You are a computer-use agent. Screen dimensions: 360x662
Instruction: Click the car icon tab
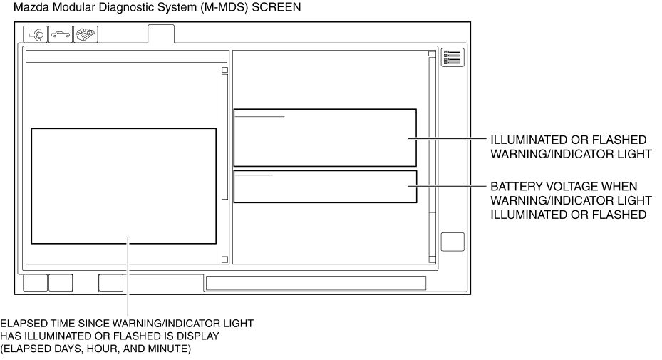tap(60, 34)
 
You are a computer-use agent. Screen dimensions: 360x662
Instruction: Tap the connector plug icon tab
tap(35, 34)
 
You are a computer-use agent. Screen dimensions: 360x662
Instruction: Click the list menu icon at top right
tap(452, 58)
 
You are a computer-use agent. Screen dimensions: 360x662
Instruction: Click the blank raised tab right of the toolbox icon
tap(160, 34)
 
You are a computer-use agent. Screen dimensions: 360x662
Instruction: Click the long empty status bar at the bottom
tap(316, 283)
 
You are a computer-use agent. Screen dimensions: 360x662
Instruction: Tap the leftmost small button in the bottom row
tap(35, 282)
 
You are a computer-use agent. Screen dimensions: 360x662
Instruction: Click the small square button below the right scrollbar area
tap(452, 242)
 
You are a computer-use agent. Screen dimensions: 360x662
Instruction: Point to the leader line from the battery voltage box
tap(447, 186)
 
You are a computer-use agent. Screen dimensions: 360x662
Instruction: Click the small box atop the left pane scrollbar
tap(224, 70)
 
